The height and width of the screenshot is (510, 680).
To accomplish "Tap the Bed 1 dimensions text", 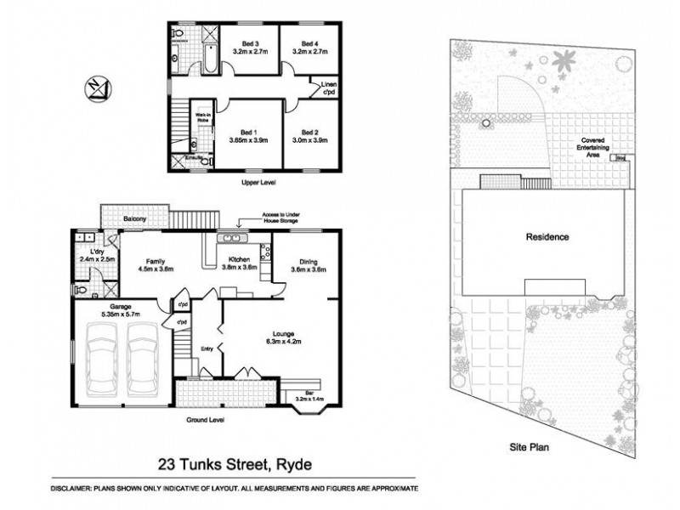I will (247, 141).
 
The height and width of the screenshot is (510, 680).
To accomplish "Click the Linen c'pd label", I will (329, 88).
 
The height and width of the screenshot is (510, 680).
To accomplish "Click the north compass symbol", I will (96, 88).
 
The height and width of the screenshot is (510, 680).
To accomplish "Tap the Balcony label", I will (133, 219).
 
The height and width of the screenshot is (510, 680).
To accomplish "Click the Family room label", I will (156, 262).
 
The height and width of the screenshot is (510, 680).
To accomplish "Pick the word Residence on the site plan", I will (546, 237).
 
